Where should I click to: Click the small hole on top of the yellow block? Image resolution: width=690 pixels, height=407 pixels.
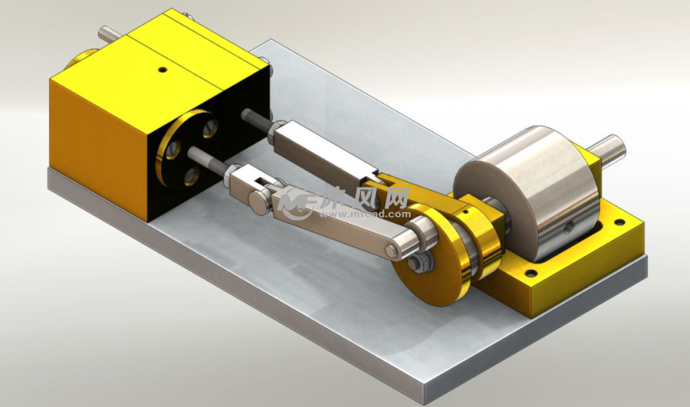tap(162, 69)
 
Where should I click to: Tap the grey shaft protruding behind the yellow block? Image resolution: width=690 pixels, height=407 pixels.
tap(109, 34)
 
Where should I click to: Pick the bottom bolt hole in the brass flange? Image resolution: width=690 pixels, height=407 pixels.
tap(191, 176)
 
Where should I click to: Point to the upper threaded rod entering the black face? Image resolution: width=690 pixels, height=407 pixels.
tap(255, 119)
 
